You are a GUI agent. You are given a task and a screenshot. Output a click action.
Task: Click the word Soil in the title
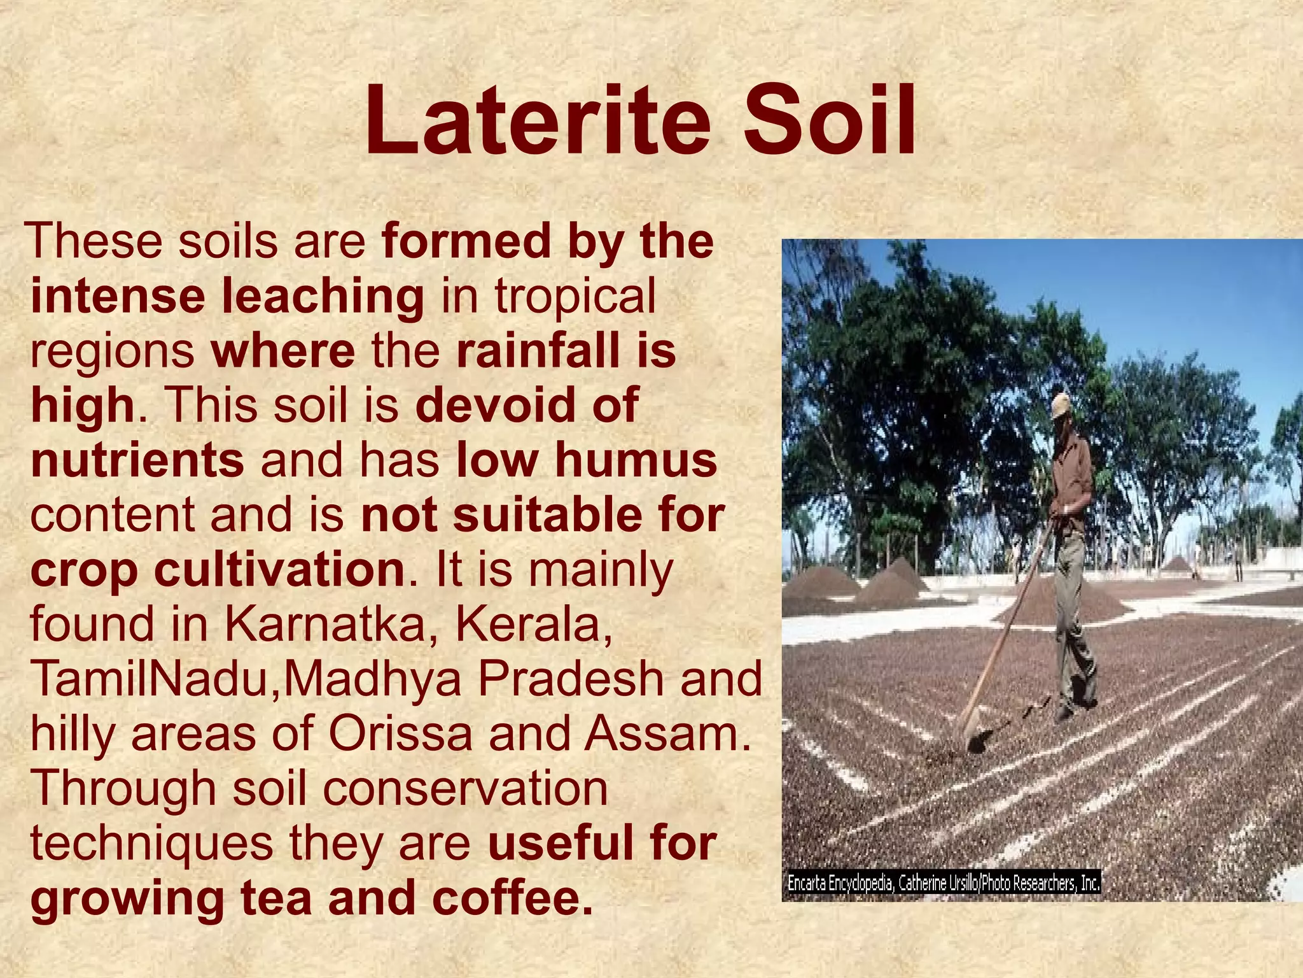(x=830, y=122)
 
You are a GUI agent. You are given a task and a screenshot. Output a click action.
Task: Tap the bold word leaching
(x=323, y=297)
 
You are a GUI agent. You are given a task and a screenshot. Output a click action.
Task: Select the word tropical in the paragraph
(x=575, y=297)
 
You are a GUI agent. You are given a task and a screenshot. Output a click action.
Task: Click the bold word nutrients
(x=137, y=460)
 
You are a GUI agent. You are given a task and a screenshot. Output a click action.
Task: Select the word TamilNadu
(x=152, y=679)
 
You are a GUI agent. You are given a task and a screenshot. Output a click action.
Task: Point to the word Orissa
(x=400, y=733)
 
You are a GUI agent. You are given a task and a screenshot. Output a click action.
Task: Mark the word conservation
(x=465, y=788)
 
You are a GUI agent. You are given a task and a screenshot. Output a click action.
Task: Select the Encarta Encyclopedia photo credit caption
(x=944, y=884)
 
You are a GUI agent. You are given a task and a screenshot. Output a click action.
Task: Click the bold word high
(x=83, y=406)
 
